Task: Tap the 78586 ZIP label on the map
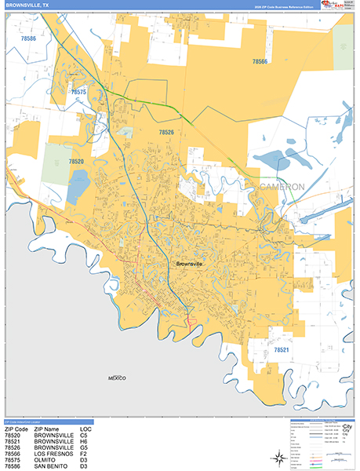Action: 29,38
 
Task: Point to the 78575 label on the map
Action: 78,93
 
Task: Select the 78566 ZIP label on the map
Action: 260,61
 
